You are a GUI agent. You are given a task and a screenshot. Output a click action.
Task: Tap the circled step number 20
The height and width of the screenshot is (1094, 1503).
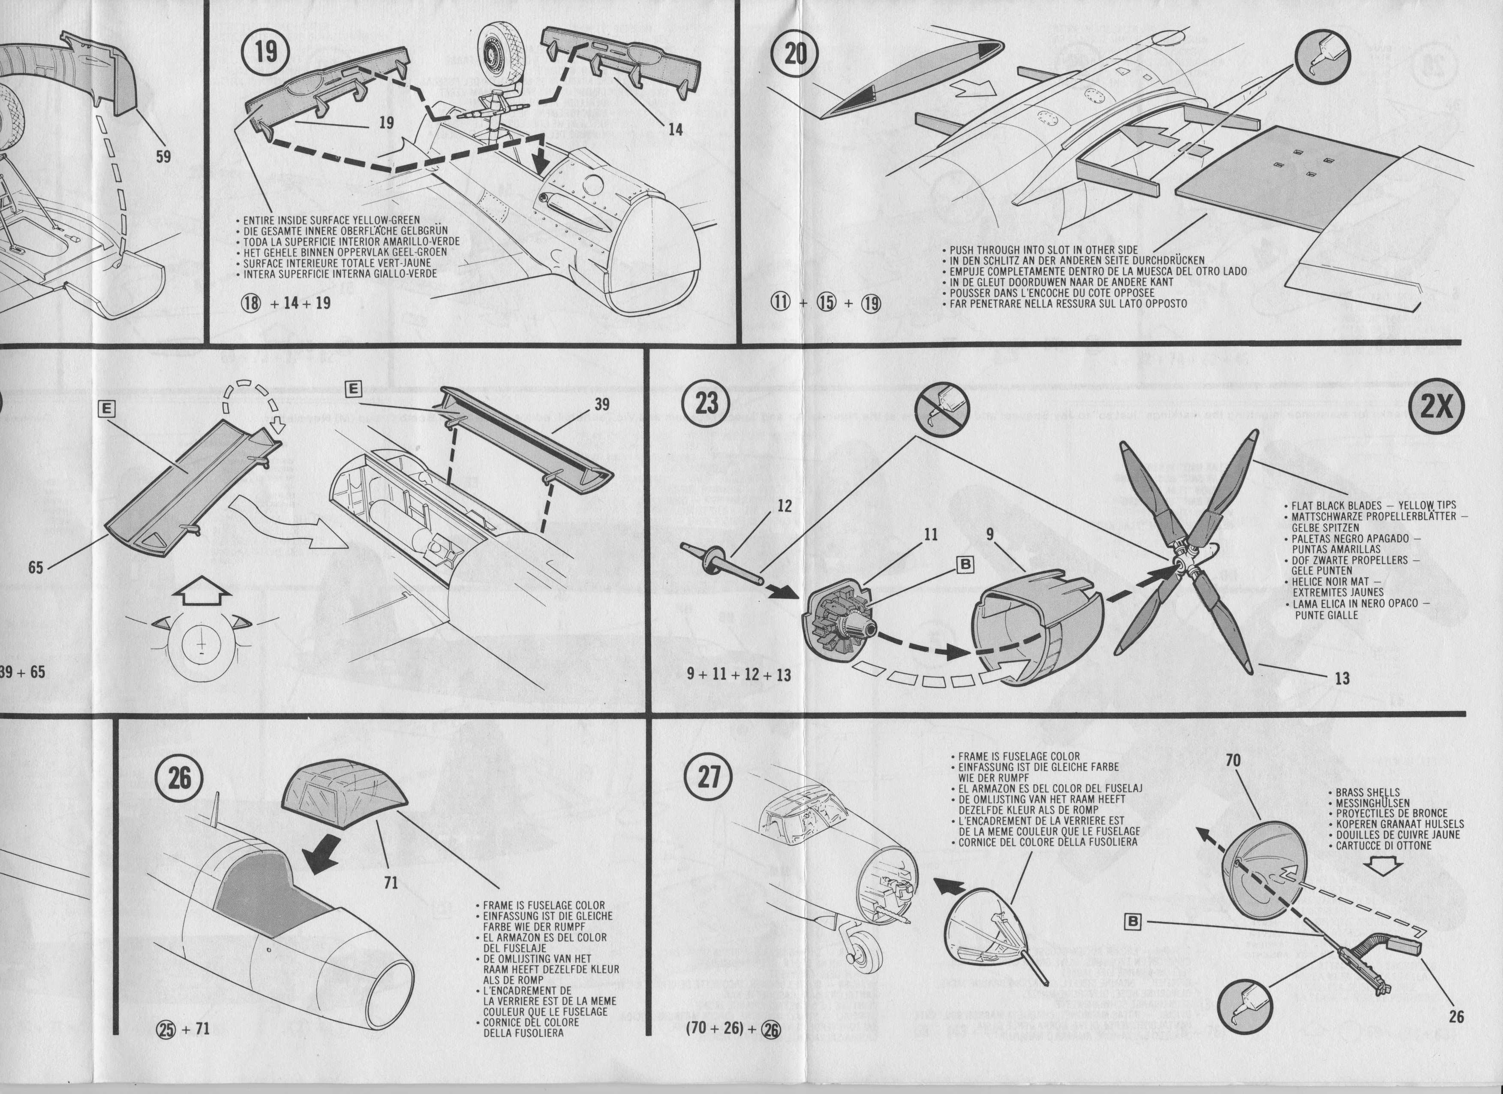(x=795, y=53)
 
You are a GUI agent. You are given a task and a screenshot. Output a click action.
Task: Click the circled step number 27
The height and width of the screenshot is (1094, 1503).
(x=709, y=777)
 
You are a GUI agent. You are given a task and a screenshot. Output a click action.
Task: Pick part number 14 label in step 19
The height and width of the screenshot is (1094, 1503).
(x=675, y=129)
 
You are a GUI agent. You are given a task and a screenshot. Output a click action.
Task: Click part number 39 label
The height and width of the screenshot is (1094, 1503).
(x=602, y=404)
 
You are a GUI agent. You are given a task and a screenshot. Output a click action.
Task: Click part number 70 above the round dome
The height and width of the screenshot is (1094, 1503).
(x=1232, y=761)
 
